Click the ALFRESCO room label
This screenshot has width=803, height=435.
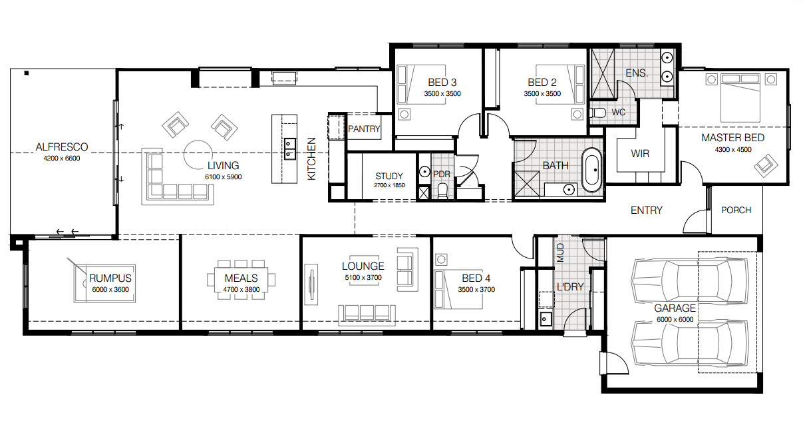click(x=62, y=147)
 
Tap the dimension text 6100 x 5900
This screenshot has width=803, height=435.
click(x=224, y=177)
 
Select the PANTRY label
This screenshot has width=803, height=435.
click(x=364, y=129)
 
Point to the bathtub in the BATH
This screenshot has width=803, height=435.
click(x=591, y=170)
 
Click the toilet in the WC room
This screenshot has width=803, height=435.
click(x=597, y=113)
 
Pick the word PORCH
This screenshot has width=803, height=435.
click(x=736, y=211)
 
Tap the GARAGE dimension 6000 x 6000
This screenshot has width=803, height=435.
click(x=675, y=320)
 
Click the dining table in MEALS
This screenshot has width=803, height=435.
click(x=241, y=280)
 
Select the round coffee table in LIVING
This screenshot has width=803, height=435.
click(x=198, y=155)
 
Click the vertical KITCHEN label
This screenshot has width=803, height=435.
click(x=311, y=159)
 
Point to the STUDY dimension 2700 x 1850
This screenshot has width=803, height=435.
click(x=389, y=185)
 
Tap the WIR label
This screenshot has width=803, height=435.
click(x=640, y=154)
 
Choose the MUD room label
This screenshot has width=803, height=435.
click(x=561, y=252)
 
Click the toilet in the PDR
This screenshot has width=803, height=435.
click(x=442, y=191)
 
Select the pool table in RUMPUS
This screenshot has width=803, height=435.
click(x=104, y=284)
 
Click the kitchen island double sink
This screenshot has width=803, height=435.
click(x=290, y=149)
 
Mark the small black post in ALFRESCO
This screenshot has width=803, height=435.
click(x=27, y=73)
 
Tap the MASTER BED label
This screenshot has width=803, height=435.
click(x=732, y=138)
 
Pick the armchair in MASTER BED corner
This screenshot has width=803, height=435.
click(x=766, y=165)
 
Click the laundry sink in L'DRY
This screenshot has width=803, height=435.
click(x=546, y=318)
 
